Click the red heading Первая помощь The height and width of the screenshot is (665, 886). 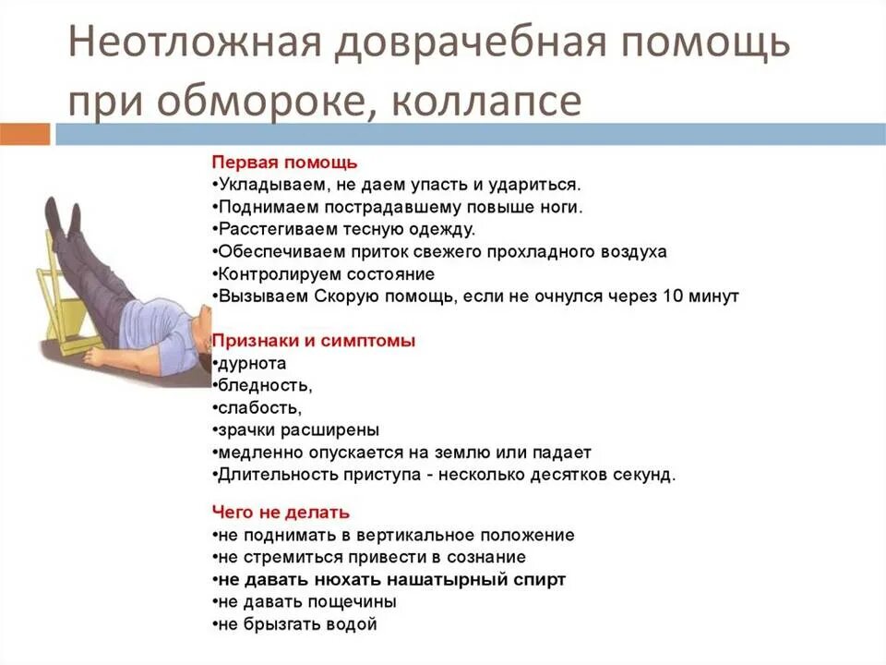[x=284, y=163]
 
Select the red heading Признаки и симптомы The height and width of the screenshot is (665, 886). [x=314, y=341]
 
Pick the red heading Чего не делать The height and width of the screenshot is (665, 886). [x=281, y=512]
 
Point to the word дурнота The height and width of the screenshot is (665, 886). [x=252, y=364]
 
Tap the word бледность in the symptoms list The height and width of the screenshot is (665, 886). [x=257, y=386]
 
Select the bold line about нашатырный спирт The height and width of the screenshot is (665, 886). [x=389, y=580]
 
